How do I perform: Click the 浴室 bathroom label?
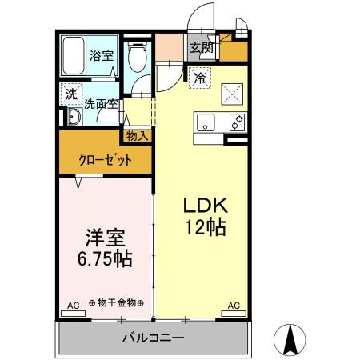click(x=101, y=56)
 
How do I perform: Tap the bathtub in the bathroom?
click(x=74, y=56)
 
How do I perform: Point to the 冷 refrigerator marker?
click(x=199, y=78)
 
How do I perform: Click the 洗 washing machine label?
click(x=71, y=94)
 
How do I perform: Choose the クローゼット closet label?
click(x=105, y=158)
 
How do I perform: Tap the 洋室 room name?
click(x=105, y=238)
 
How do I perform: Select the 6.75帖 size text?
click(x=105, y=260)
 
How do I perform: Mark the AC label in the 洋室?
click(x=73, y=306)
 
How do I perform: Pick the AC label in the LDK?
click(x=234, y=306)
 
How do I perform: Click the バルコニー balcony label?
click(x=153, y=338)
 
